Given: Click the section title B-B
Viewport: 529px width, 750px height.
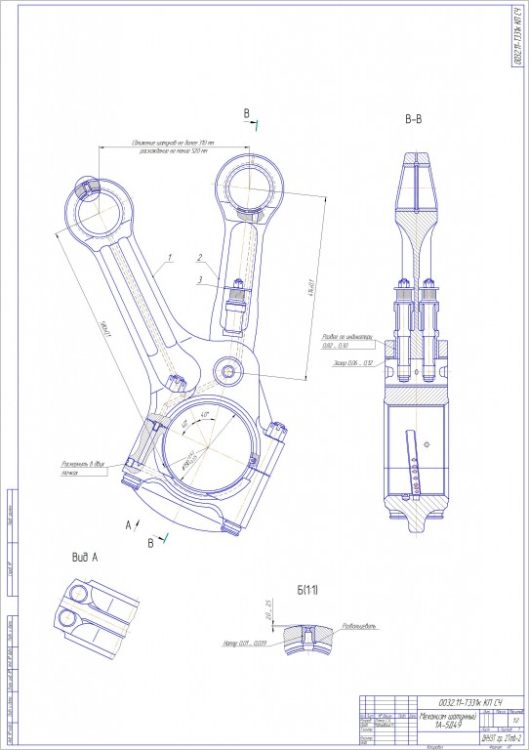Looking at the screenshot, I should (413, 120).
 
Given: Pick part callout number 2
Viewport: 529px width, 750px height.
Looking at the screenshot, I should (199, 258).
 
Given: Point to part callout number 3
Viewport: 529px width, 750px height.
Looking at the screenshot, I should (199, 280).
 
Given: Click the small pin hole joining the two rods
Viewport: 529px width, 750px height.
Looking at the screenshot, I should (229, 371).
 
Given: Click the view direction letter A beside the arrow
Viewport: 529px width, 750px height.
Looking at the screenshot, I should (126, 524).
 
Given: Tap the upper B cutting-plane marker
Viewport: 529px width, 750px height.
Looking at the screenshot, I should (246, 114).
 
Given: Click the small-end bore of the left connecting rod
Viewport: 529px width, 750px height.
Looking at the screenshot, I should (100, 208).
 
